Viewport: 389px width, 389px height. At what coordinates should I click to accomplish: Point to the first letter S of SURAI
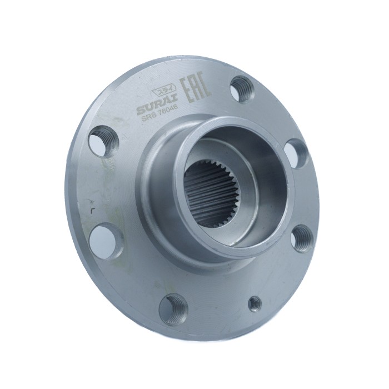point(141,109)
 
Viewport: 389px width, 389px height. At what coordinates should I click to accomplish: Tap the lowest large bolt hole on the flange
point(173,306)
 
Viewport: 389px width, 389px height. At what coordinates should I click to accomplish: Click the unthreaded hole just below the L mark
point(103,238)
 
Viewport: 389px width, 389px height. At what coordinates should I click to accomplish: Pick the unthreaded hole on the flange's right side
point(297,153)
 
